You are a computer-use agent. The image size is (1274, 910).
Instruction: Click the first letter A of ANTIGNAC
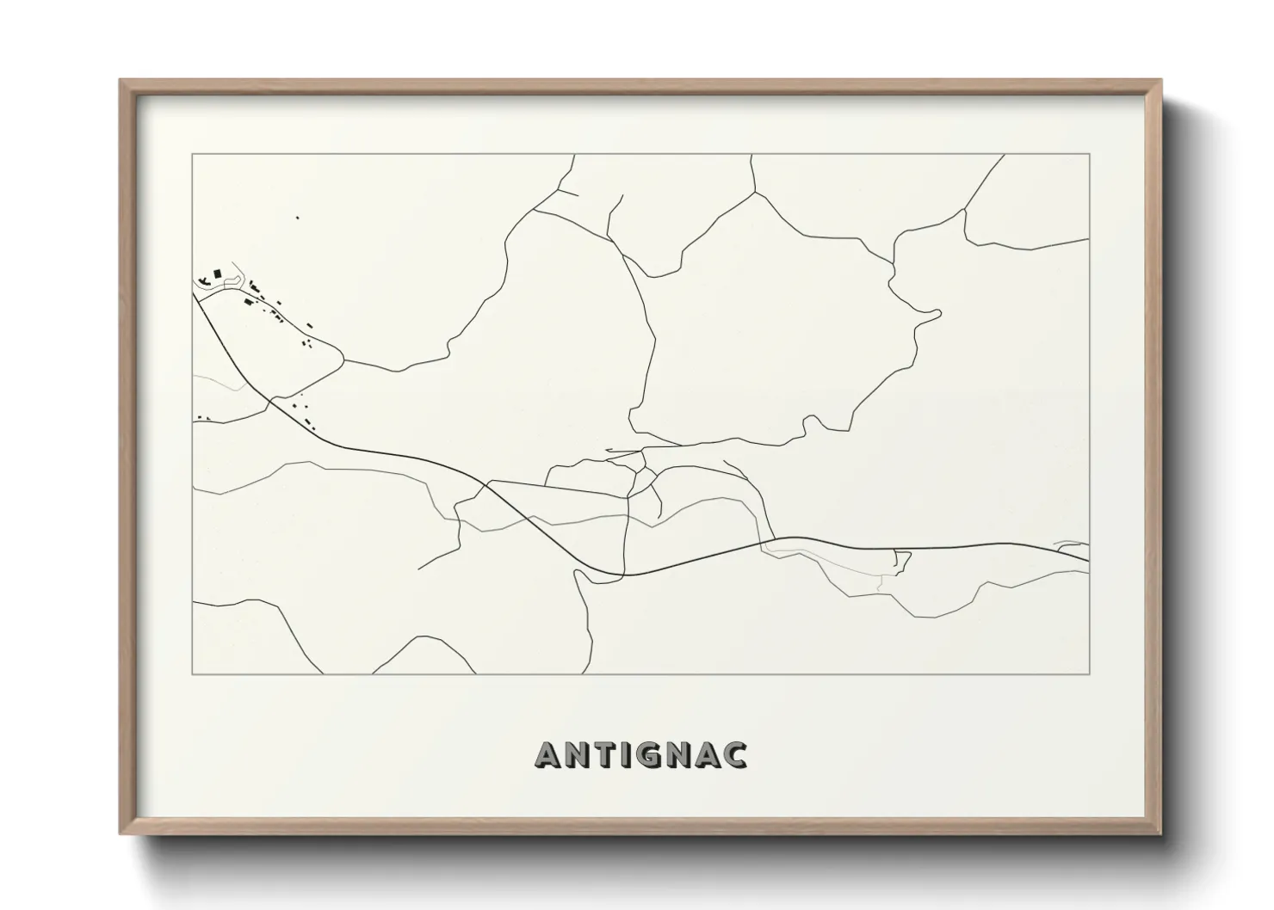point(548,755)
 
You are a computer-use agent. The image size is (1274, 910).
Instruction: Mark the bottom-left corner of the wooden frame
point(121,833)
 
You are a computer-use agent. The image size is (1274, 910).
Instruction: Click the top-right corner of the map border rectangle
point(1090,154)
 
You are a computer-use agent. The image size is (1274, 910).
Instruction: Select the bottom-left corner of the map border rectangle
point(192,674)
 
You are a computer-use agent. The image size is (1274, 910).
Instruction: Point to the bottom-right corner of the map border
point(1090,674)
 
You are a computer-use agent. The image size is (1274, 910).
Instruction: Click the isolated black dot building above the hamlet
point(297,218)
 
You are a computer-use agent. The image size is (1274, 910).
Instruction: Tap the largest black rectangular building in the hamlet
point(217,274)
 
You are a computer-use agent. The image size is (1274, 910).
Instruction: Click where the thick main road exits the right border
point(1089,561)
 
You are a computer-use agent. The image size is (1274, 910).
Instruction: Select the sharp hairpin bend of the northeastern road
point(938,312)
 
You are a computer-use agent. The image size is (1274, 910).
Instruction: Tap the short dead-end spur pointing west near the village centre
point(608,450)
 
